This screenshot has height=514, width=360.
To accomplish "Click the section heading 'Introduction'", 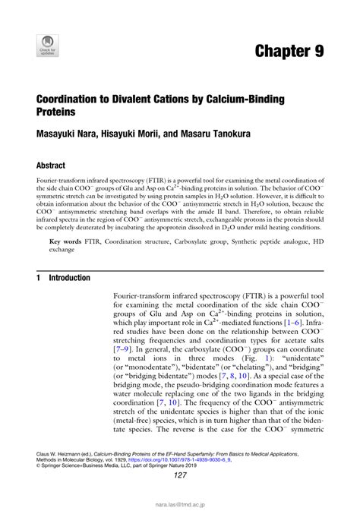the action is [69, 278].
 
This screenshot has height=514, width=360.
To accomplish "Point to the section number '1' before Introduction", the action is [39, 278].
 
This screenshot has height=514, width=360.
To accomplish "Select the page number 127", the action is [180, 476].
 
